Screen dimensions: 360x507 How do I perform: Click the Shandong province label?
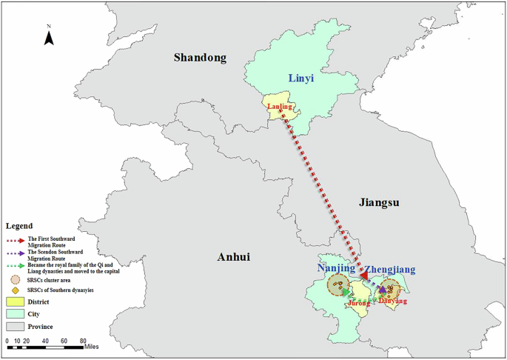(x=199, y=58)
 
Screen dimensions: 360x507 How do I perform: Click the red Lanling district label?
(x=280, y=107)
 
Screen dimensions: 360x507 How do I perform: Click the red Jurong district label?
(x=358, y=303)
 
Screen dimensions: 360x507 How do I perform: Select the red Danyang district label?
(x=392, y=301)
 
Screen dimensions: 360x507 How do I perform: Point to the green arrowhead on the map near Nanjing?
(x=346, y=293)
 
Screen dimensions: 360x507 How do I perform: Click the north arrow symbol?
(x=49, y=36)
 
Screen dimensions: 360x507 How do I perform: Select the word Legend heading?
(x=19, y=225)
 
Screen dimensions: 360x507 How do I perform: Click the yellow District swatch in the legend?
(x=15, y=301)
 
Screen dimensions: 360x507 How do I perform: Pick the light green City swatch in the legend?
(x=15, y=313)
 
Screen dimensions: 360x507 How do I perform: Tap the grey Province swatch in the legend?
(x=15, y=325)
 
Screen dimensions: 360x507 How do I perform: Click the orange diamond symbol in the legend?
(x=15, y=290)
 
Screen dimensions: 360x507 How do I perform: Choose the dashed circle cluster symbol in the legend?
(x=15, y=279)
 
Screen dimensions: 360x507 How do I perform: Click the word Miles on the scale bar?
(x=91, y=346)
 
